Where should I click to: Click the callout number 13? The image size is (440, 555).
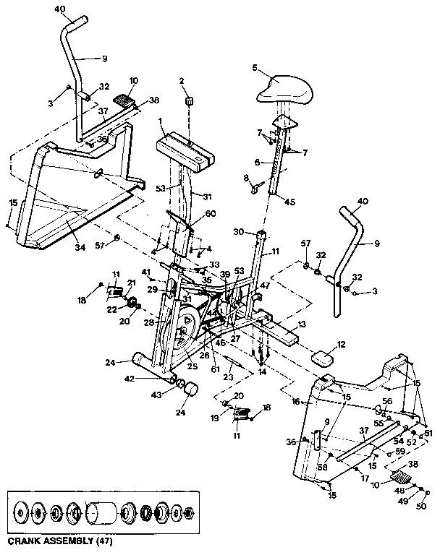pyautogui.click(x=302, y=324)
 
